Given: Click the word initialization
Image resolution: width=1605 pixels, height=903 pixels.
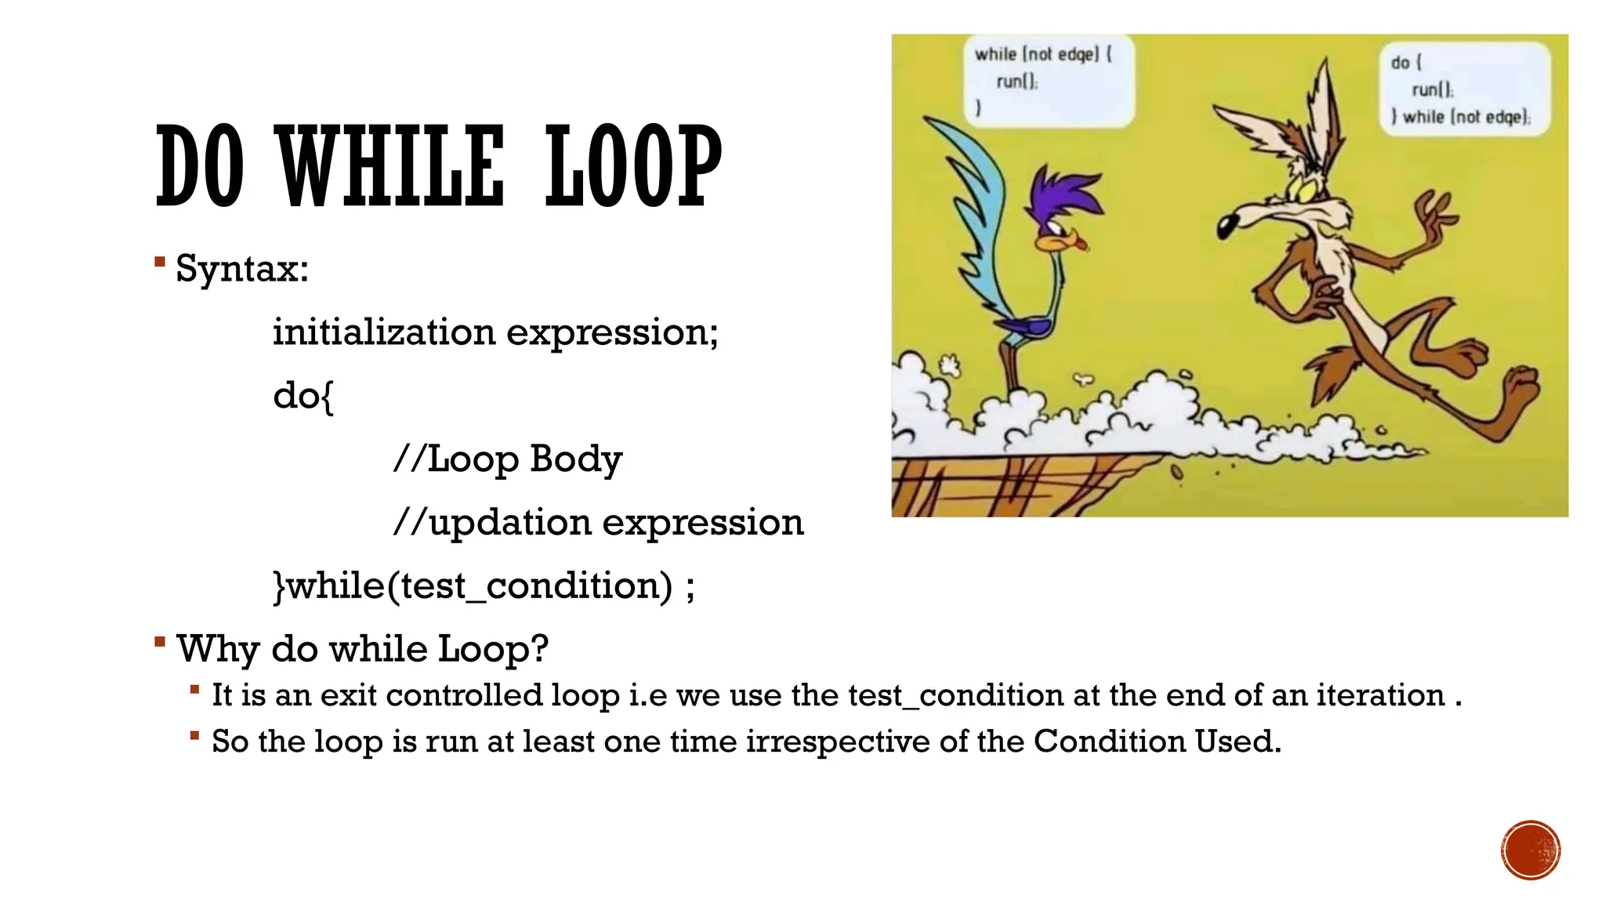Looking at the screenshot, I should [383, 332].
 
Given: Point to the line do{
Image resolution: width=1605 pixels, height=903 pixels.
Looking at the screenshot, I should [303, 395].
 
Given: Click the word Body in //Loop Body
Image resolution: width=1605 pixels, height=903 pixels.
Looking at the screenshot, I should [575, 459].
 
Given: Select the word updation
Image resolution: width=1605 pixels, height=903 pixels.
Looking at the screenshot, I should [509, 522].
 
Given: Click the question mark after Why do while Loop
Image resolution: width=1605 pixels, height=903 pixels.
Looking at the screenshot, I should [539, 648].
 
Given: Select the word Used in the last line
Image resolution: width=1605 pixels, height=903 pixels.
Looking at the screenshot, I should [1237, 742].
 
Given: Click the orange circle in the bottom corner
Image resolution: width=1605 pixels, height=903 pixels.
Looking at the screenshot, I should [1531, 850].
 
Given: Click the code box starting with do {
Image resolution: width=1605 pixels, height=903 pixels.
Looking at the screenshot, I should [1464, 89].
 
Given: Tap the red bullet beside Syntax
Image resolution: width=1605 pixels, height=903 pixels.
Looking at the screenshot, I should [160, 262].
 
